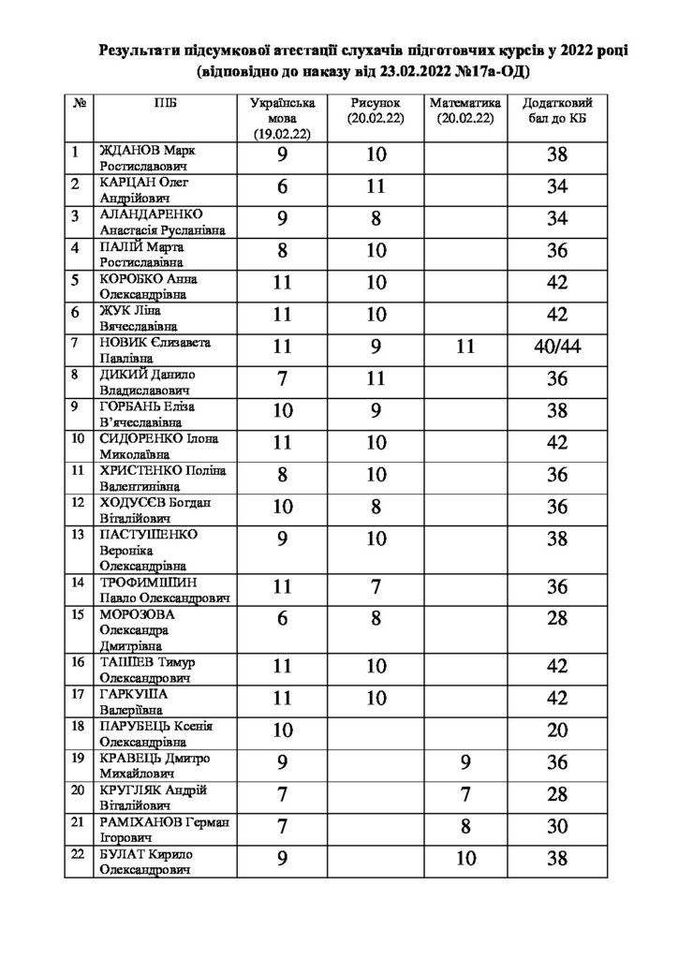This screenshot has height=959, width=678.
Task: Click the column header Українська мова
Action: click(282, 117)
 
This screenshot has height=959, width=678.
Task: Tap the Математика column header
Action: click(464, 111)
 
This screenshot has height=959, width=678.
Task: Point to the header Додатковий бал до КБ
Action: click(557, 111)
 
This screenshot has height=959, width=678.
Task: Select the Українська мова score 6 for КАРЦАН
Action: click(282, 188)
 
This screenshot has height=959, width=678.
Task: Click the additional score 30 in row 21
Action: click(557, 828)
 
